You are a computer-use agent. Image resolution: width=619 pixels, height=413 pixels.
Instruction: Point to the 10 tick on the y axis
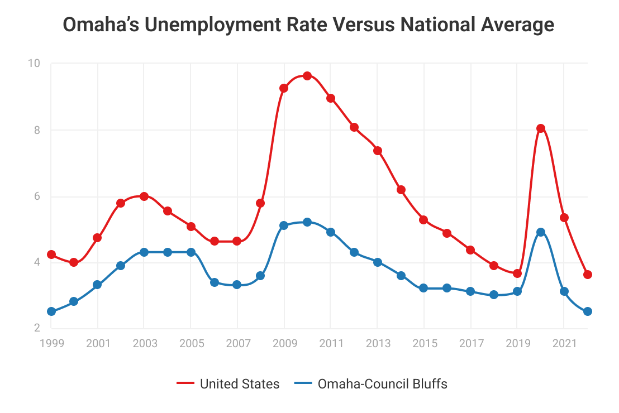(34, 64)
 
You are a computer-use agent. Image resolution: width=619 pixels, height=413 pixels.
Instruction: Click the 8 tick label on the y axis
(37, 130)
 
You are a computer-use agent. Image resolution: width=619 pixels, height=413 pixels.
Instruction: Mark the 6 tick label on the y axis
(37, 196)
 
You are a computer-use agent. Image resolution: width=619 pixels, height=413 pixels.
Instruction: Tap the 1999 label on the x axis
(51, 343)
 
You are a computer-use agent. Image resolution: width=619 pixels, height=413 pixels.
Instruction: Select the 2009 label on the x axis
(284, 343)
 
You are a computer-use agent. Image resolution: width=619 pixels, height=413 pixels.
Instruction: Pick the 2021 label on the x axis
(564, 343)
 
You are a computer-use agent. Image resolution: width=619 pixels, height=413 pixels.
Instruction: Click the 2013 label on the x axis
(377, 343)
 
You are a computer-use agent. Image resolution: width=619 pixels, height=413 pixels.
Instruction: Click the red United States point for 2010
(307, 76)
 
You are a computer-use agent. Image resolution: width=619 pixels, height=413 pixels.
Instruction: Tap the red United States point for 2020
(541, 128)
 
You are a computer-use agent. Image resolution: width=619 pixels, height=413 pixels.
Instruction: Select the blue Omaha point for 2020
(541, 232)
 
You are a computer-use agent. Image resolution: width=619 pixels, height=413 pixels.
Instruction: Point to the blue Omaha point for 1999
(51, 311)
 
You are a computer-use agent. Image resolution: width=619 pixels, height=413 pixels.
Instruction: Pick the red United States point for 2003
(144, 196)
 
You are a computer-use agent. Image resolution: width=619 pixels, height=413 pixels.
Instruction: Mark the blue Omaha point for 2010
(307, 222)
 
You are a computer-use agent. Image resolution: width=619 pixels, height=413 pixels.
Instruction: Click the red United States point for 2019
(517, 273)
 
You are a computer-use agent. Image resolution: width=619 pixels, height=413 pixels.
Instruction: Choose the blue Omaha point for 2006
(215, 282)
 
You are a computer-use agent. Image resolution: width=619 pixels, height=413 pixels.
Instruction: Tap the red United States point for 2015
(423, 220)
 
